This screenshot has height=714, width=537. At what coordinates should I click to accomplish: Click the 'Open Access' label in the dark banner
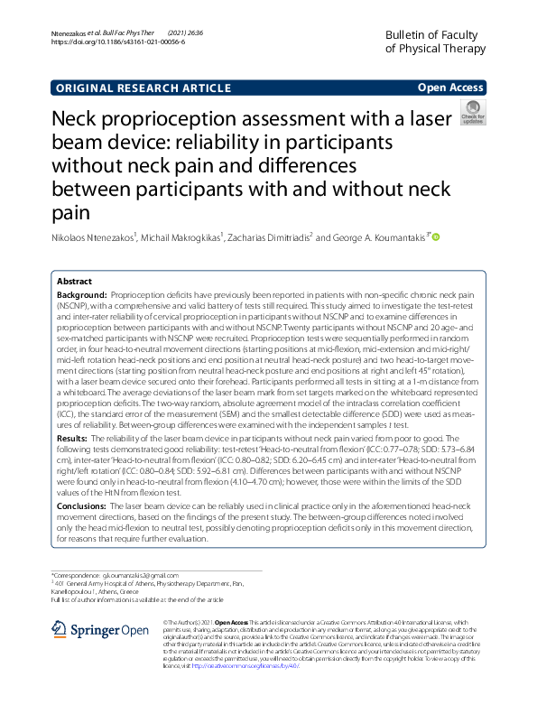point(450,88)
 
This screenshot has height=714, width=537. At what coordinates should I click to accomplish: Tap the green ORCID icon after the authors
point(435,237)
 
